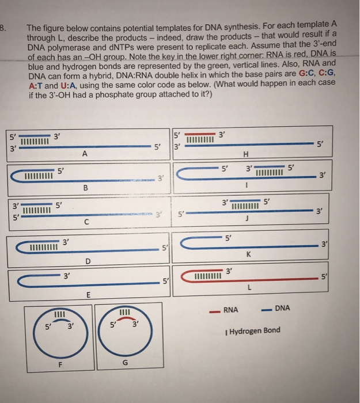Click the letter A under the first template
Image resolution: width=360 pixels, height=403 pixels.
tap(84, 154)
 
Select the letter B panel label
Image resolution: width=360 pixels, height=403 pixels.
tap(86, 188)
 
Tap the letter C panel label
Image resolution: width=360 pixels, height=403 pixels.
tap(86, 222)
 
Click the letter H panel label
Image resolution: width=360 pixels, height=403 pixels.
tap(246, 154)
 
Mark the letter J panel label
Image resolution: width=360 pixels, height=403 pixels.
tap(246, 218)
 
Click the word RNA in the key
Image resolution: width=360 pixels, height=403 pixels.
tap(231, 309)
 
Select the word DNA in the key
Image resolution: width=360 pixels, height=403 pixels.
tap(283, 309)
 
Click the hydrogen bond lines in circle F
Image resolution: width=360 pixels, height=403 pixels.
tap(58, 314)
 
